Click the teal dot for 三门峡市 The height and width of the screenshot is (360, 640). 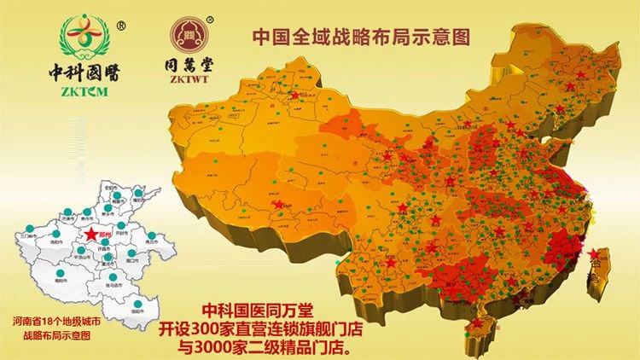tap(29, 228)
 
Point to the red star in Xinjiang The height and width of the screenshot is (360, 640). tap(295, 96)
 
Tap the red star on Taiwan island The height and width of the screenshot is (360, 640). tap(594, 253)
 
